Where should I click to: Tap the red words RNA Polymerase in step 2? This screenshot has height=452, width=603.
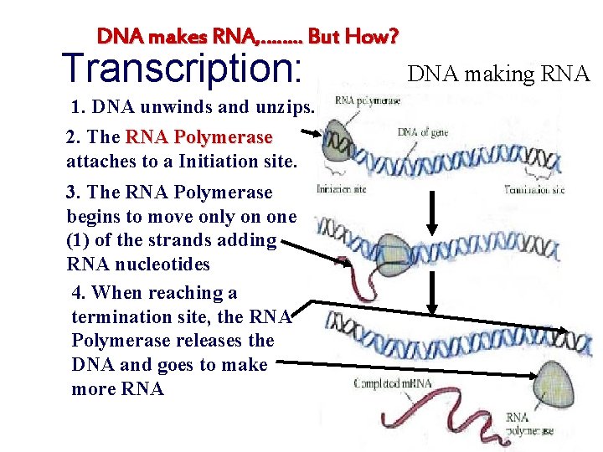[198, 136]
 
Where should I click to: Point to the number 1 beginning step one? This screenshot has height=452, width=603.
[78, 107]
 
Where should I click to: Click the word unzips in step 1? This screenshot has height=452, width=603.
[284, 107]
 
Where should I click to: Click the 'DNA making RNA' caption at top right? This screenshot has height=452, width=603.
[498, 74]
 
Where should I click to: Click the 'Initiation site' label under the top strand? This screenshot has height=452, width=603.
[342, 189]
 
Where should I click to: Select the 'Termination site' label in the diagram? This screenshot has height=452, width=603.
[534, 190]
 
